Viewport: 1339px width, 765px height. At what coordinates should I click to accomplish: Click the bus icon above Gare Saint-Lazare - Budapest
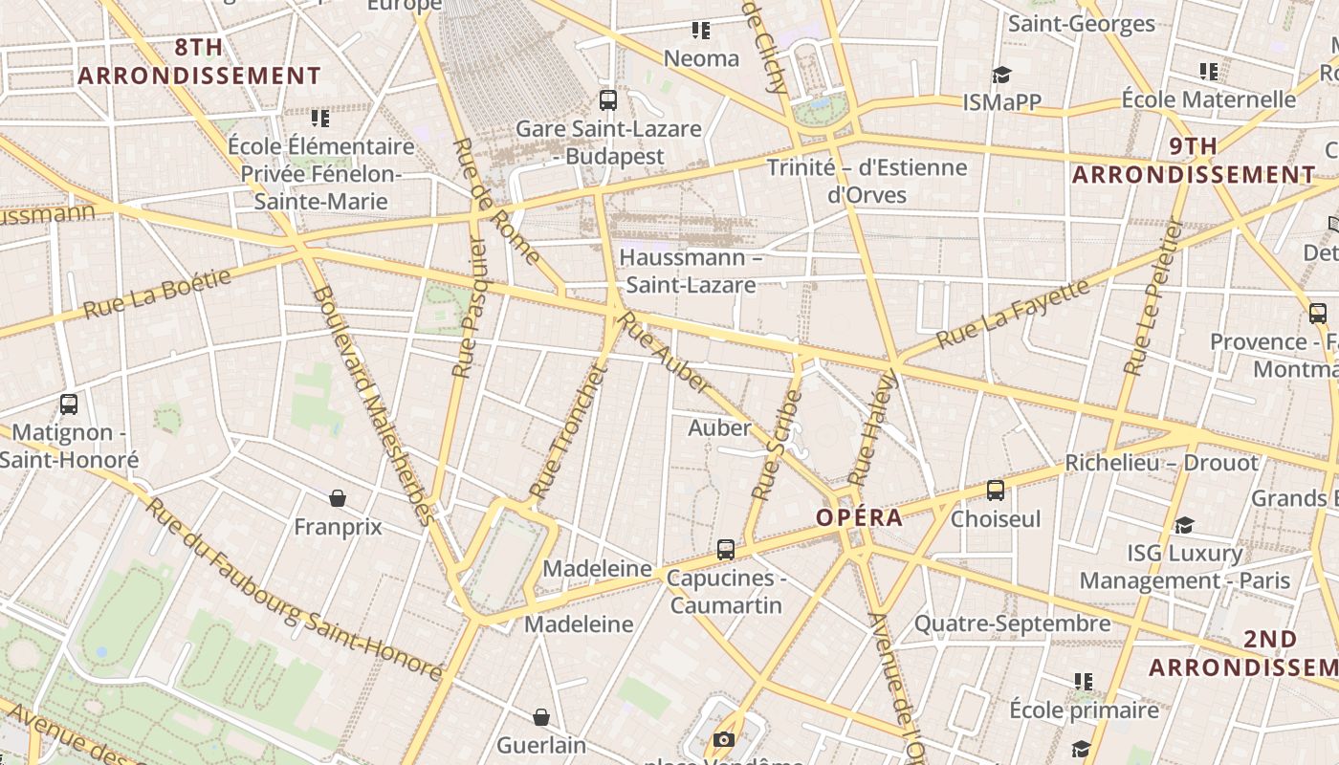click(x=607, y=99)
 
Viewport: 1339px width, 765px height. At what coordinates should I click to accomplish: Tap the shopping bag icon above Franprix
click(x=337, y=497)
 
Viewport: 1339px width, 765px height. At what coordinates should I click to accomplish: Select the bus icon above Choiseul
click(x=996, y=491)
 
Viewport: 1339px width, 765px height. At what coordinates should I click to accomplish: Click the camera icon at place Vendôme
click(x=723, y=739)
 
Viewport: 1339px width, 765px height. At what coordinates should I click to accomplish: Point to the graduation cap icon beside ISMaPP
click(x=1001, y=75)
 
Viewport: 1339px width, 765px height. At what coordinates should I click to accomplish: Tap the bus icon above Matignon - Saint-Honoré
click(x=68, y=404)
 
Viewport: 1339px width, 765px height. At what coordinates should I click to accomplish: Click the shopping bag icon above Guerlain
click(x=541, y=716)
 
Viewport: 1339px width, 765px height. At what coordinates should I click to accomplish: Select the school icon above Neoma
click(x=701, y=31)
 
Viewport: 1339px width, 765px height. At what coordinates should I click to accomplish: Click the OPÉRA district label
click(x=859, y=518)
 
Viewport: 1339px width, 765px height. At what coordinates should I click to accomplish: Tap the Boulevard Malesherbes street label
click(x=373, y=404)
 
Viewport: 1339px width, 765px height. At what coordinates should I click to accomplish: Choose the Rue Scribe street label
click(x=777, y=445)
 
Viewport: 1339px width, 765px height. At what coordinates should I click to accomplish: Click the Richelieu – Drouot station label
click(x=1162, y=463)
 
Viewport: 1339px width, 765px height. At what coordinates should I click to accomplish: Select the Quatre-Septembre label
click(x=1012, y=624)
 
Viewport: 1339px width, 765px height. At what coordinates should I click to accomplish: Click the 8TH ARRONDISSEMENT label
click(x=199, y=61)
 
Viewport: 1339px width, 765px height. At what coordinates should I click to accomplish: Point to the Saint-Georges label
click(x=1082, y=24)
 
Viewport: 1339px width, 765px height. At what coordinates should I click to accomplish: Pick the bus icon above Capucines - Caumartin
click(x=726, y=549)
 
